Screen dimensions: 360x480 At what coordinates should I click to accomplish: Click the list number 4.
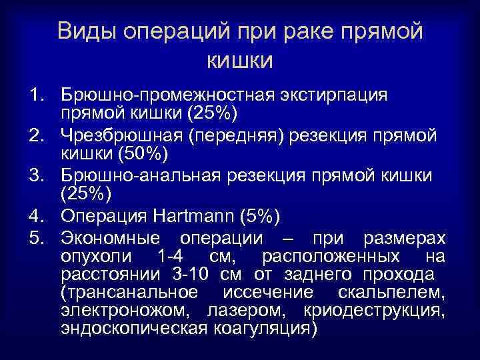35,217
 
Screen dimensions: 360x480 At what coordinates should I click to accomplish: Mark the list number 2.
35,136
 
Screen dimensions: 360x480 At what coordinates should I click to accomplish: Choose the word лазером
249,311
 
